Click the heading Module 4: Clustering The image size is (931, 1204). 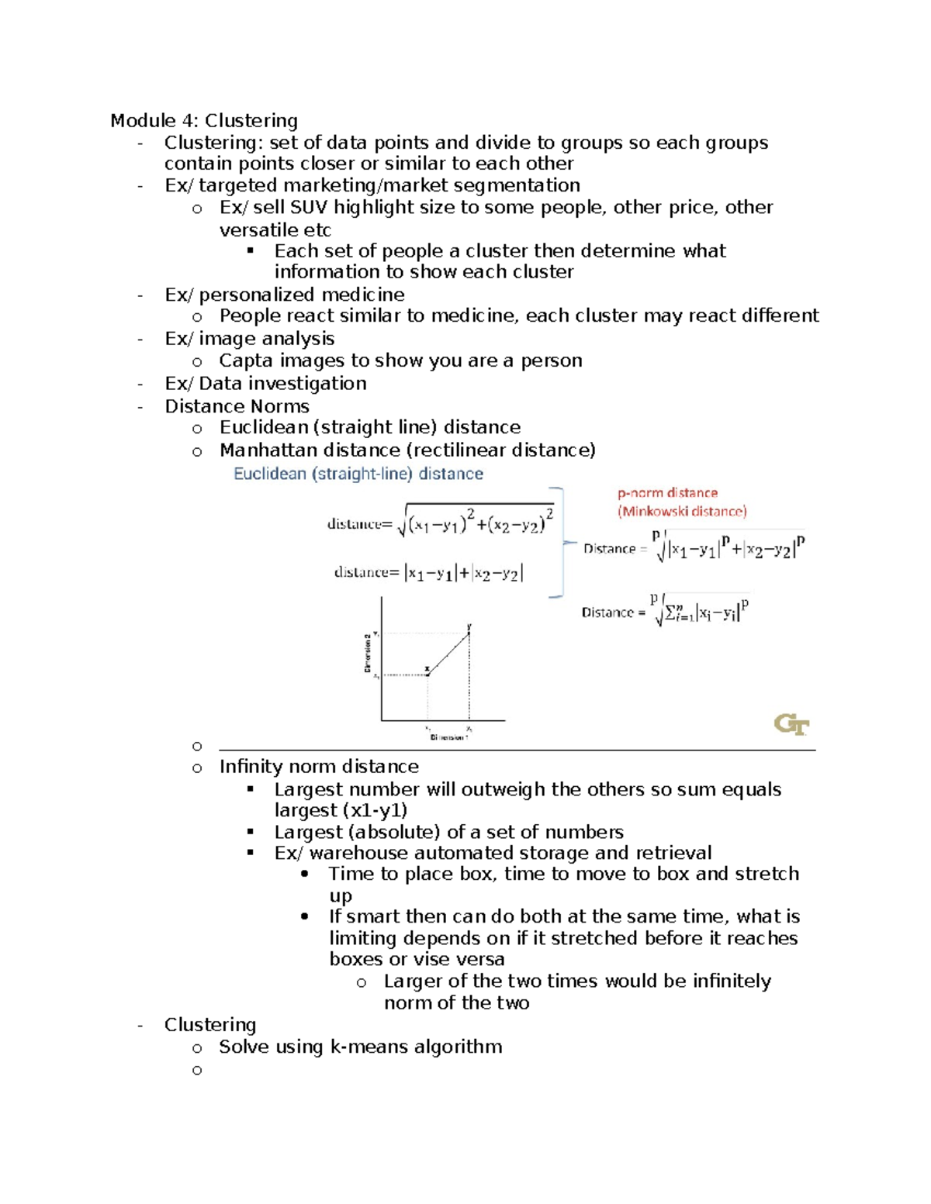point(203,121)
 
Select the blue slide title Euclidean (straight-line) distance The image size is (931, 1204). point(358,474)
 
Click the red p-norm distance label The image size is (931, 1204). point(667,493)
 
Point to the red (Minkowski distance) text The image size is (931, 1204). point(682,512)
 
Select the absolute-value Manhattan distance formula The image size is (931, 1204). point(429,573)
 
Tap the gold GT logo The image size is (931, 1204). point(791,725)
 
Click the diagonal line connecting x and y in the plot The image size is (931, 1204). point(448,654)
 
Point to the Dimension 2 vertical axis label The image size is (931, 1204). point(368,653)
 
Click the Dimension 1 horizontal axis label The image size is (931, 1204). point(448,737)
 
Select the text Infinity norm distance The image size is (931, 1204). point(319,767)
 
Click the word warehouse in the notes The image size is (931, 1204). point(354,854)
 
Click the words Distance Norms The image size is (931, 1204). point(237,406)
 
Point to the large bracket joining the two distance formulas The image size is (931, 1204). point(559,543)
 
